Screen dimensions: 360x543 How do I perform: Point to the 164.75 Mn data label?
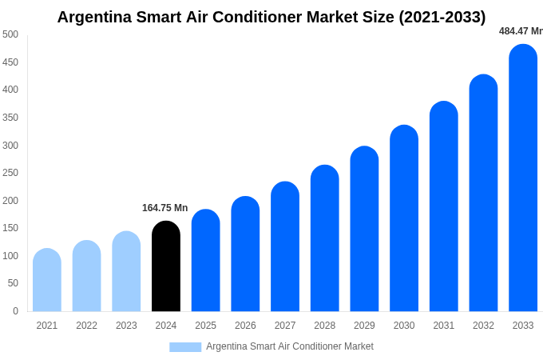tap(164, 208)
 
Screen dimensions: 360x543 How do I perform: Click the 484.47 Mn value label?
tap(521, 31)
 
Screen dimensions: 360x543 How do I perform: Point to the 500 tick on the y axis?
tap(10, 34)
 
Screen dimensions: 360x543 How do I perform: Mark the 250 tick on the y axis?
tap(10, 173)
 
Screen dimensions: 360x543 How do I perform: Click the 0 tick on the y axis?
tap(15, 311)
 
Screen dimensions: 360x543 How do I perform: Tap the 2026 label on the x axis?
tap(245, 326)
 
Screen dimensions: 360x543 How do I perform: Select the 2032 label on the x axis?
tap(483, 326)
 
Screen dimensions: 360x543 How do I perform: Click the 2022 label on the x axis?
tap(86, 326)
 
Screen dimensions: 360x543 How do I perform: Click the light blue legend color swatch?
tap(185, 347)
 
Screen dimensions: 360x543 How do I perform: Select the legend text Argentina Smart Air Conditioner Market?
tap(290, 347)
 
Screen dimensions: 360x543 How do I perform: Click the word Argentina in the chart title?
tap(95, 17)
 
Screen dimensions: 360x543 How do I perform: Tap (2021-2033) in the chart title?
tap(442, 17)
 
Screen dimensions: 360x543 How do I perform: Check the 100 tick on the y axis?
tap(10, 256)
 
